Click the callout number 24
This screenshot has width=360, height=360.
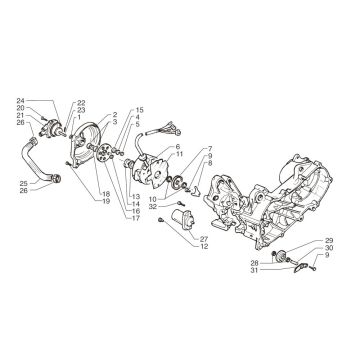[x=47, y=101]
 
